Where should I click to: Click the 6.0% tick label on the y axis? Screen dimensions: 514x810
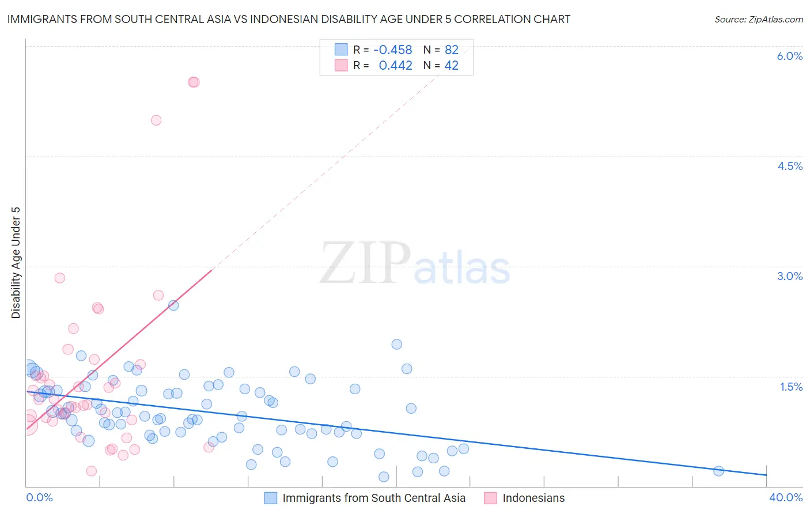coord(789,56)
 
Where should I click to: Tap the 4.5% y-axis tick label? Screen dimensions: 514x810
coord(789,166)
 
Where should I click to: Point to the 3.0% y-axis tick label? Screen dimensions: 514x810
coord(789,276)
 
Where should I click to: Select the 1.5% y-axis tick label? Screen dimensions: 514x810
coord(791,387)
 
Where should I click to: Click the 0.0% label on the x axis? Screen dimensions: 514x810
coord(39,497)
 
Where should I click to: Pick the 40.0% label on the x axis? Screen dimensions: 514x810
coord(785,497)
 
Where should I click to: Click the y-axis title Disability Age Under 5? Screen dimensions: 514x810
coord(16,262)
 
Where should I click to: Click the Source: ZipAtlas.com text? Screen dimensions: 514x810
coord(758,20)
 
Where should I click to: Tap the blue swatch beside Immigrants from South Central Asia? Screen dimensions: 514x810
coord(271,498)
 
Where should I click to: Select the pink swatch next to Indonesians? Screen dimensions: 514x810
coord(490,498)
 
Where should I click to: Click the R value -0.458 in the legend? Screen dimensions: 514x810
coord(392,50)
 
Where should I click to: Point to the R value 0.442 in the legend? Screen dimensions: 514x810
coord(395,66)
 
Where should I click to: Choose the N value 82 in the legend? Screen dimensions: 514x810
coord(451,50)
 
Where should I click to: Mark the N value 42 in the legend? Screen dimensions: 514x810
coord(451,66)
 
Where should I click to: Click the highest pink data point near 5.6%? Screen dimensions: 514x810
coord(194,82)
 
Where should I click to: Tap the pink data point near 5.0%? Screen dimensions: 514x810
coord(156,120)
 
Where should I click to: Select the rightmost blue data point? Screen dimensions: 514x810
coord(718,471)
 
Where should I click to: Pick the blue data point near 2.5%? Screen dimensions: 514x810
coord(173,305)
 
